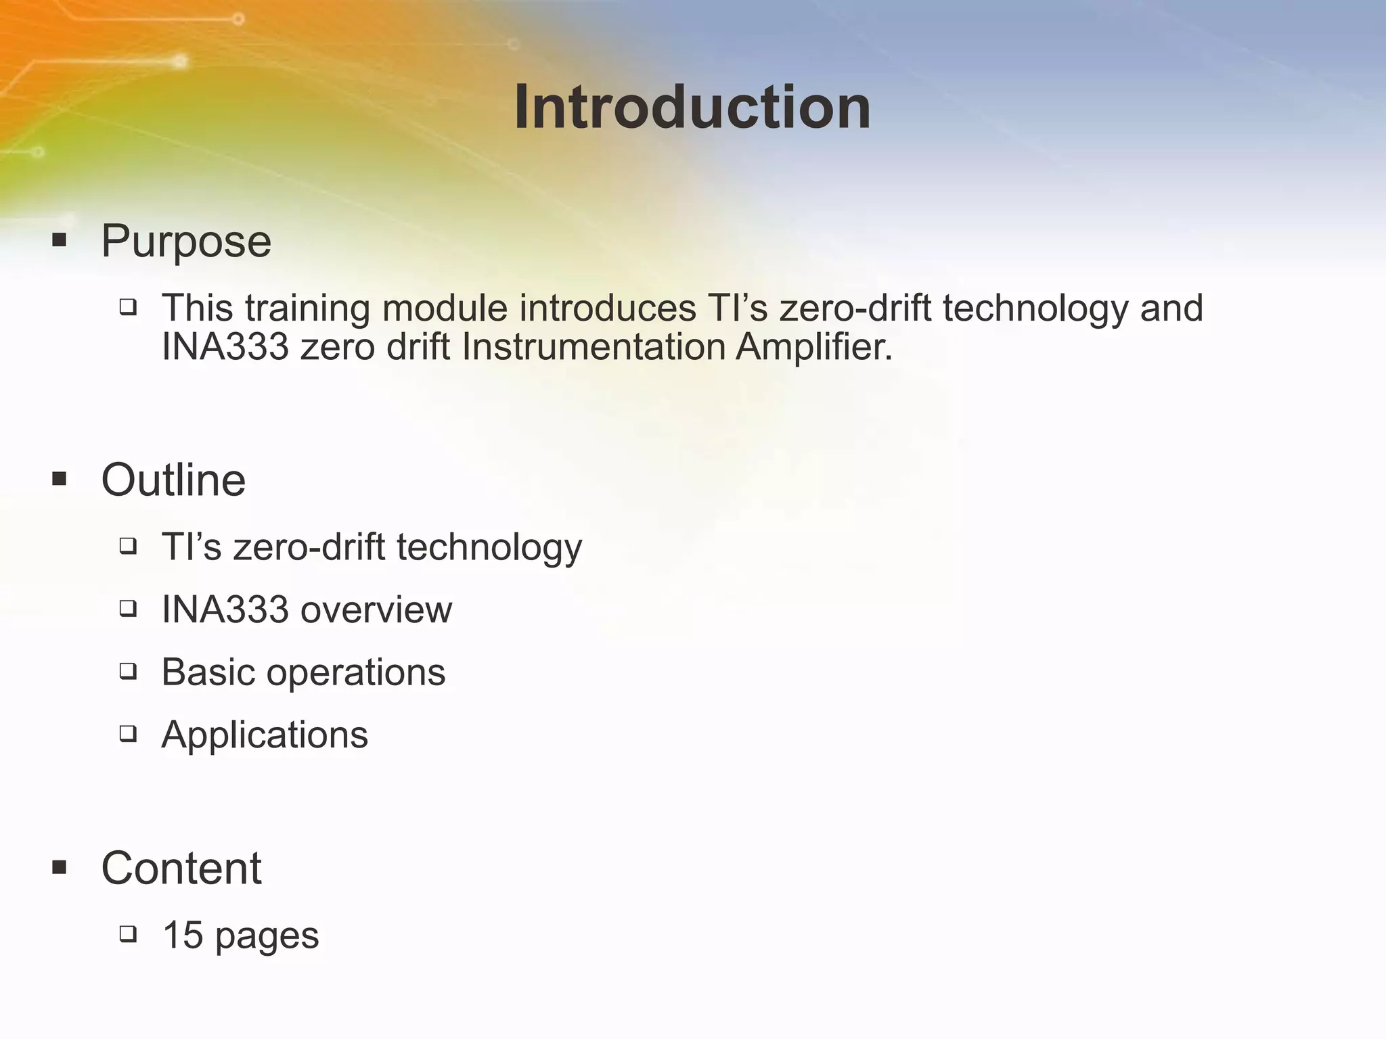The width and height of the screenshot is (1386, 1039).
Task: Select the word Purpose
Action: pyautogui.click(x=186, y=241)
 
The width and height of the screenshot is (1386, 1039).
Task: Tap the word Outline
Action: pyautogui.click(x=173, y=480)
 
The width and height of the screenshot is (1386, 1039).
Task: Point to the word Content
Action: pyautogui.click(x=181, y=868)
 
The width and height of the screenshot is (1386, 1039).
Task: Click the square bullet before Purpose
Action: pyautogui.click(x=59, y=240)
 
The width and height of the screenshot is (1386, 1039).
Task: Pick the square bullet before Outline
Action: pyautogui.click(x=59, y=480)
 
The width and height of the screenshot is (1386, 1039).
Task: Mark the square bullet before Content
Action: pyautogui.click(x=59, y=867)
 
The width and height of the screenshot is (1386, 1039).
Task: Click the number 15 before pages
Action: pyautogui.click(x=183, y=935)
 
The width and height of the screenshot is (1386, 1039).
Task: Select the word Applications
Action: pyautogui.click(x=265, y=735)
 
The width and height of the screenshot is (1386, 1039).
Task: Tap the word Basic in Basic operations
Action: pyautogui.click(x=207, y=672)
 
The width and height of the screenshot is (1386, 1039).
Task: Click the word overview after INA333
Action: pyautogui.click(x=376, y=609)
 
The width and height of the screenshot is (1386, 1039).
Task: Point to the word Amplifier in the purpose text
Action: pyautogui.click(x=814, y=347)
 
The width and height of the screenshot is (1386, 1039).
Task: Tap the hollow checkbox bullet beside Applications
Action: pyautogui.click(x=128, y=734)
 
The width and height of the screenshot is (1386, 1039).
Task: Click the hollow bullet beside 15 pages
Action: pyautogui.click(x=128, y=934)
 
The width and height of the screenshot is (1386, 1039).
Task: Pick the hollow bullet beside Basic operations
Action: pyautogui.click(x=128, y=671)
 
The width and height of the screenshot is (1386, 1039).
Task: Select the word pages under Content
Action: pyautogui.click(x=267, y=937)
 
